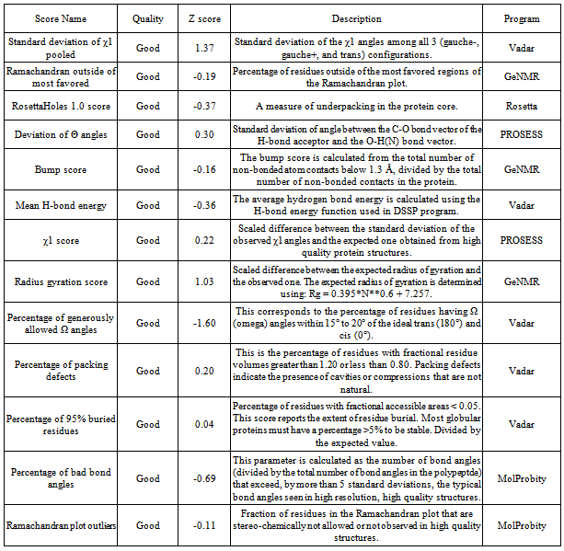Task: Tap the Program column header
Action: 523,17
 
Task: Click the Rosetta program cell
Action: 523,106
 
